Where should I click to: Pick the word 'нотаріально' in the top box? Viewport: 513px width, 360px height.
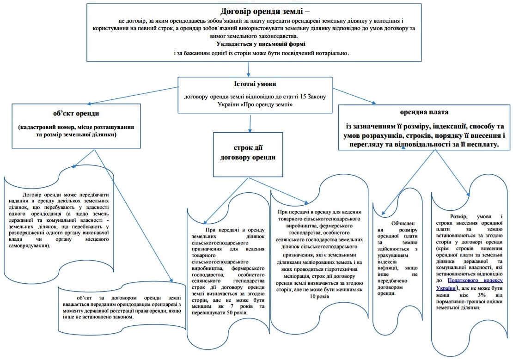(330, 53)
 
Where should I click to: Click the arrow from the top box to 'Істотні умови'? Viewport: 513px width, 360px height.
(249, 68)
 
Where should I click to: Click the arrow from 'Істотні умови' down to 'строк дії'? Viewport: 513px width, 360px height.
(250, 122)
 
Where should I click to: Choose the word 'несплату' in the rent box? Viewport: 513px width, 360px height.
(482, 144)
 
